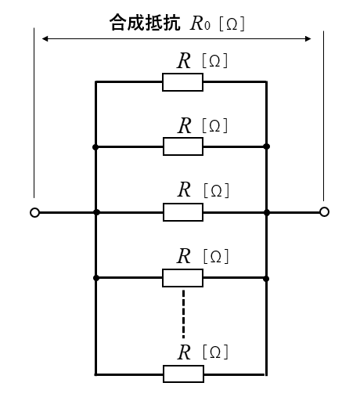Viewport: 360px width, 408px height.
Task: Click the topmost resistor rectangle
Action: tap(182, 82)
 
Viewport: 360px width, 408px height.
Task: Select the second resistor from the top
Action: tap(183, 146)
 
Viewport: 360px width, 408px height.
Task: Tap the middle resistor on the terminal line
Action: tap(183, 212)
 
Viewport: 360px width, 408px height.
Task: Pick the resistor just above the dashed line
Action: tap(182, 278)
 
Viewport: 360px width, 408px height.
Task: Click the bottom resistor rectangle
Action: tap(183, 374)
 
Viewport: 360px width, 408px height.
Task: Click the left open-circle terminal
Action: tap(34, 212)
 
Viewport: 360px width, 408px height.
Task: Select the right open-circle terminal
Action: tap(324, 211)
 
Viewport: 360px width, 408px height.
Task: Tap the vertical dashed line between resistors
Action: tap(184, 314)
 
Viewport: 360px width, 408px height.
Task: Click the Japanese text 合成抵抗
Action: tap(145, 23)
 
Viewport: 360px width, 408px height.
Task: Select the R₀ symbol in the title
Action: tap(200, 23)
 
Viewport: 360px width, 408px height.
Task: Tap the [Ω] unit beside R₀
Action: tap(232, 23)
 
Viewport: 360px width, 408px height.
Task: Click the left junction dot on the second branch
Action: tap(95, 147)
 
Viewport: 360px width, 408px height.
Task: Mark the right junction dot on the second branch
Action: tap(266, 146)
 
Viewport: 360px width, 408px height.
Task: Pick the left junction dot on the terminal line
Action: tap(96, 212)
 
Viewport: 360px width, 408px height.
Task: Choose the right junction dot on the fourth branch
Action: tap(266, 279)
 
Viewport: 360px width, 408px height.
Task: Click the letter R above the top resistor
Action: tap(184, 61)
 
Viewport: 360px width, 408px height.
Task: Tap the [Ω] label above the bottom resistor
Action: tap(215, 352)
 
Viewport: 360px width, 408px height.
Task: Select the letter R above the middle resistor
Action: tap(185, 190)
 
